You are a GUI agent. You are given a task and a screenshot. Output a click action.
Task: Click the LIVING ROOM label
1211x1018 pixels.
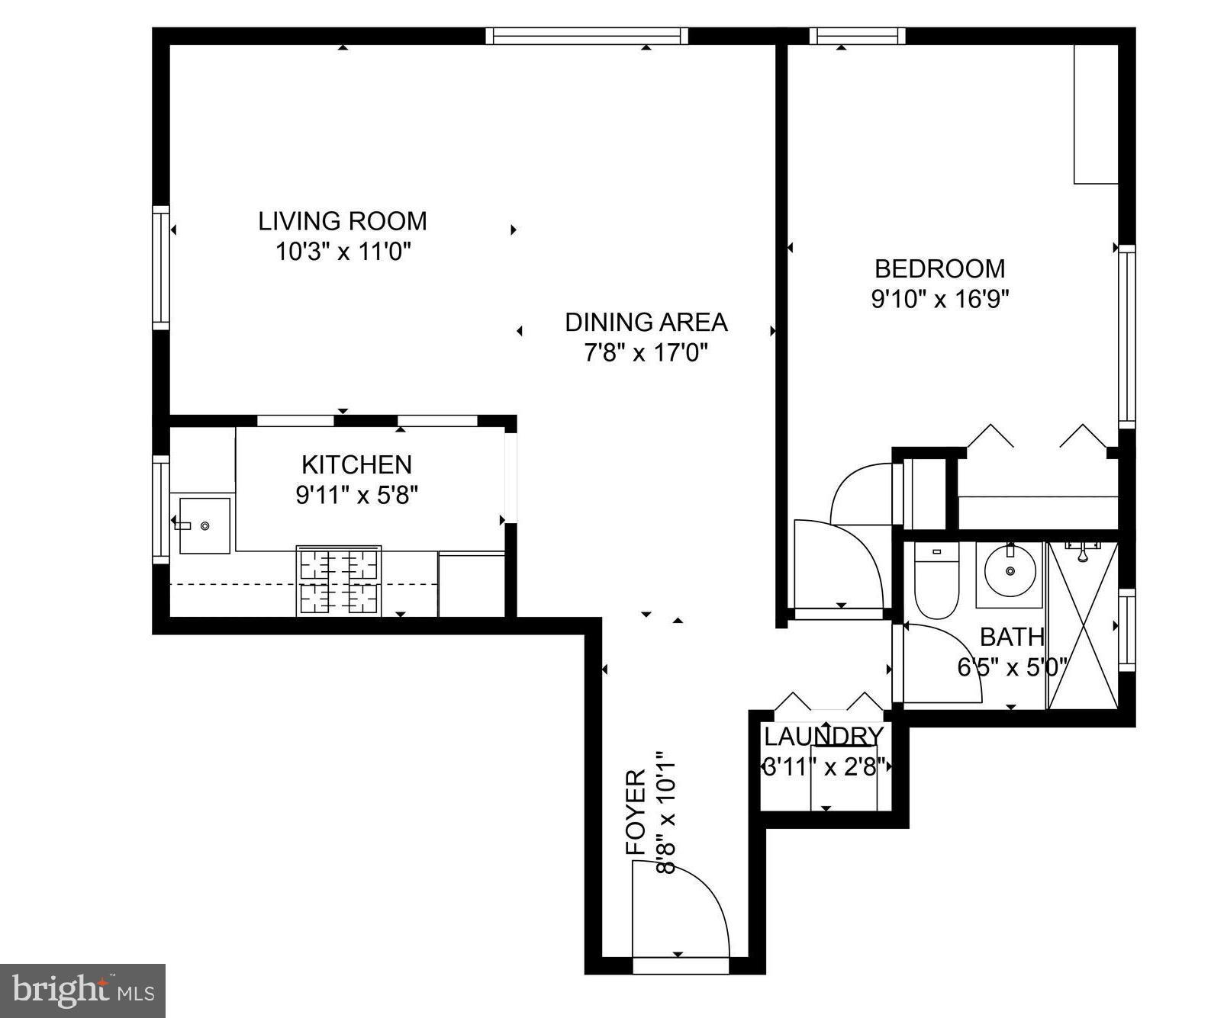(342, 221)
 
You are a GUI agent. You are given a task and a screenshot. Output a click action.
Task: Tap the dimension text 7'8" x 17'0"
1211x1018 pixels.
(646, 353)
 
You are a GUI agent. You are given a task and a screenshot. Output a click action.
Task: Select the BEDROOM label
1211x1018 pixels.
(939, 268)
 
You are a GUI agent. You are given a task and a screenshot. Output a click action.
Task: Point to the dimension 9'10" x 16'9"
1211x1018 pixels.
(939, 299)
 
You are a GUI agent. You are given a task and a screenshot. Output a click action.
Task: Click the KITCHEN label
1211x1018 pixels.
(356, 464)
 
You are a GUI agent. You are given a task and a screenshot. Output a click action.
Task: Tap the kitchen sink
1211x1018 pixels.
(204, 525)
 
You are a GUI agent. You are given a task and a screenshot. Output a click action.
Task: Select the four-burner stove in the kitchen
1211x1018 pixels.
(339, 580)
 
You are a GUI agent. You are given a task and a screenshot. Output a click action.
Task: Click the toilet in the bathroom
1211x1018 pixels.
(936, 582)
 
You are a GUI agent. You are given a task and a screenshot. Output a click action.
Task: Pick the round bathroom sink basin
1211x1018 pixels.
(1010, 571)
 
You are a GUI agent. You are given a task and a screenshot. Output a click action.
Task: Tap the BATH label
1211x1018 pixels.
(1011, 637)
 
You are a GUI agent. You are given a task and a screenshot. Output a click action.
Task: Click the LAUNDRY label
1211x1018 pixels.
(823, 737)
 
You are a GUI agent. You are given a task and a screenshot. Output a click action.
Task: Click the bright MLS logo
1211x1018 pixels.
(82, 991)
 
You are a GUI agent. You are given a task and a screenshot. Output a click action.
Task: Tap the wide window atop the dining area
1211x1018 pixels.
(586, 36)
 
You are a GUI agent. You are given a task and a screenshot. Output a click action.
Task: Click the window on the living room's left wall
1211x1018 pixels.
(160, 267)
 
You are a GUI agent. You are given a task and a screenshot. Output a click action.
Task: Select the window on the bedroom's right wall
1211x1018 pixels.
(1126, 336)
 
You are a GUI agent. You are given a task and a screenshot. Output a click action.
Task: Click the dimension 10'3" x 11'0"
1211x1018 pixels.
(343, 252)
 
